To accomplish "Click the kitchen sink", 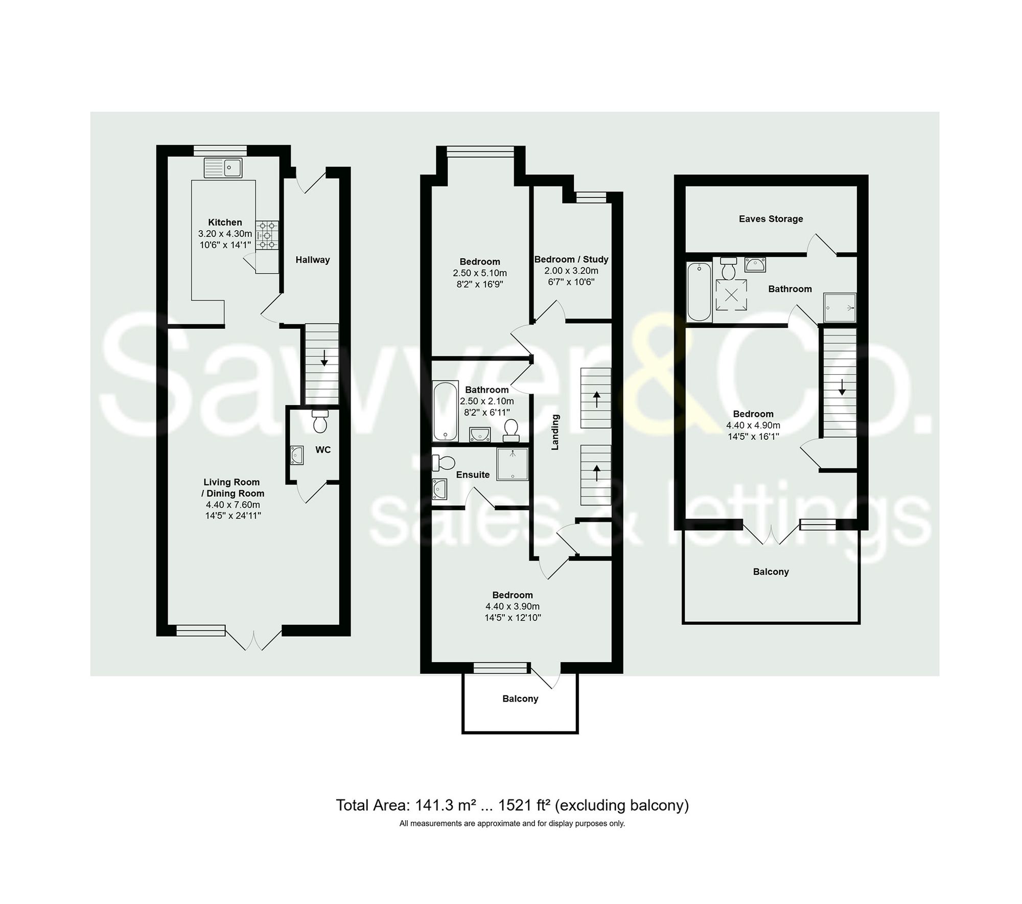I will (223, 167).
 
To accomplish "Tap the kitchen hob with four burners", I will (267, 235).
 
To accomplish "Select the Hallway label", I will (312, 260).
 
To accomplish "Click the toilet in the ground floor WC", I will (320, 422).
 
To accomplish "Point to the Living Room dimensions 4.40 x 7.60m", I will (233, 505).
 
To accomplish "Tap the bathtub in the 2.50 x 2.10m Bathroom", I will (445, 411).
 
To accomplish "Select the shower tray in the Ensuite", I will (512, 464).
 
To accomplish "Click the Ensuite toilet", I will (443, 463).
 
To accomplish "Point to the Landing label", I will (555, 432).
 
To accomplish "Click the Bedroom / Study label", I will (571, 259).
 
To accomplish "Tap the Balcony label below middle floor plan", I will (520, 698).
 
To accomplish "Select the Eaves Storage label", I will (771, 219).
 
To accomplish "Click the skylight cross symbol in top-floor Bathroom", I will (731, 296).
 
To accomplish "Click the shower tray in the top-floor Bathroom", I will (839, 307).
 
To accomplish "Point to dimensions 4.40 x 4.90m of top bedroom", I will (753, 425).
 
